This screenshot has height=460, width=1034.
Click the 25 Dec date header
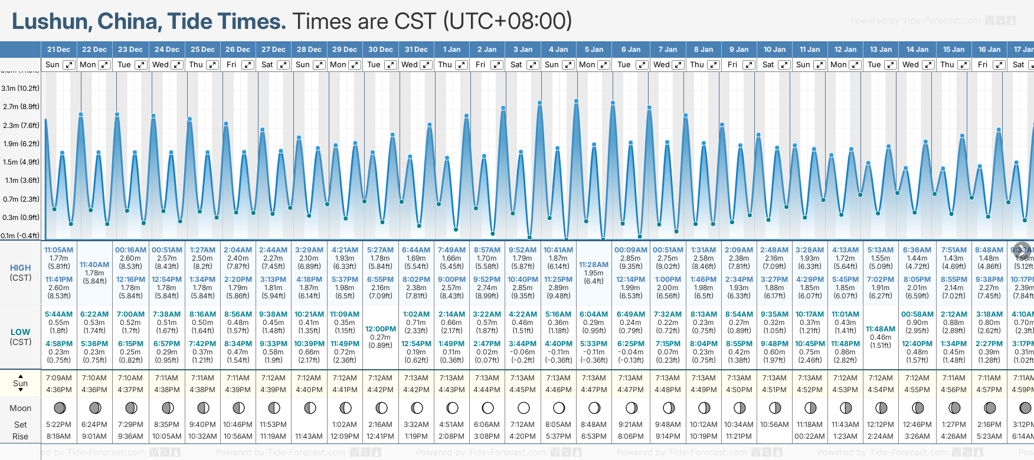click(202, 50)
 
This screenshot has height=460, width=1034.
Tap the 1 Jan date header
click(451, 50)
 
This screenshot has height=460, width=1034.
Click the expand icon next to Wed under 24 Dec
click(176, 65)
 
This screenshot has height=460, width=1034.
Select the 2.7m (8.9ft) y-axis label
click(21, 107)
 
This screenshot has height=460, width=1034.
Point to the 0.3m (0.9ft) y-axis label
click(21, 218)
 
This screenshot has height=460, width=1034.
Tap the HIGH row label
click(21, 268)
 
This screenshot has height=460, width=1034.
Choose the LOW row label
click(21, 332)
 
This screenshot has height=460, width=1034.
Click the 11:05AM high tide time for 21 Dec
click(58, 250)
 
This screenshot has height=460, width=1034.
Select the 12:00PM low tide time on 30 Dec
click(381, 329)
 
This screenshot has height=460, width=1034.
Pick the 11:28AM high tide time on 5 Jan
click(594, 265)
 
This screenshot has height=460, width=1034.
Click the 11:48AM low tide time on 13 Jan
click(881, 329)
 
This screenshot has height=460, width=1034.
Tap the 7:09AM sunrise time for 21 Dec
click(58, 378)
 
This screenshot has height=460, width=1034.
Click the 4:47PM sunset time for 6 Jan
click(630, 390)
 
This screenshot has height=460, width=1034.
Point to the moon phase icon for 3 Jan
click(523, 408)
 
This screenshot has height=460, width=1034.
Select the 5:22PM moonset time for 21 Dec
click(58, 425)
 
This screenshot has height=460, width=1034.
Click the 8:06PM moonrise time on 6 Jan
click(630, 436)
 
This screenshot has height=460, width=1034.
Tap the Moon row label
click(21, 408)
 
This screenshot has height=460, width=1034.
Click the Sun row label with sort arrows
click(21, 383)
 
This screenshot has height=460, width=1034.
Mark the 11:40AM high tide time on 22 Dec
click(94, 265)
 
